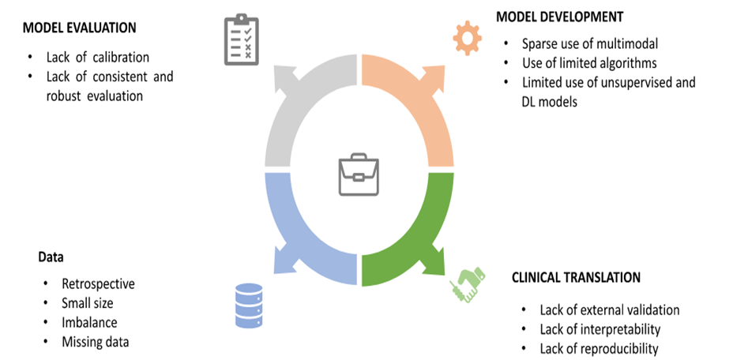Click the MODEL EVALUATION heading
(79, 28)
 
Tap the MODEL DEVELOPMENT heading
(559, 17)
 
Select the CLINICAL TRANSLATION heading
(576, 278)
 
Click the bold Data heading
(51, 257)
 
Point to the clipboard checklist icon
(239, 39)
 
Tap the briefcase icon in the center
(359, 175)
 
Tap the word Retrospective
(98, 283)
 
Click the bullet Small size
(88, 303)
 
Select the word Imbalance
(89, 323)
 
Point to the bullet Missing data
(95, 342)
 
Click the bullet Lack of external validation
(609, 310)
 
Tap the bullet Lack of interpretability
(600, 329)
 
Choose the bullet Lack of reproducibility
(599, 348)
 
